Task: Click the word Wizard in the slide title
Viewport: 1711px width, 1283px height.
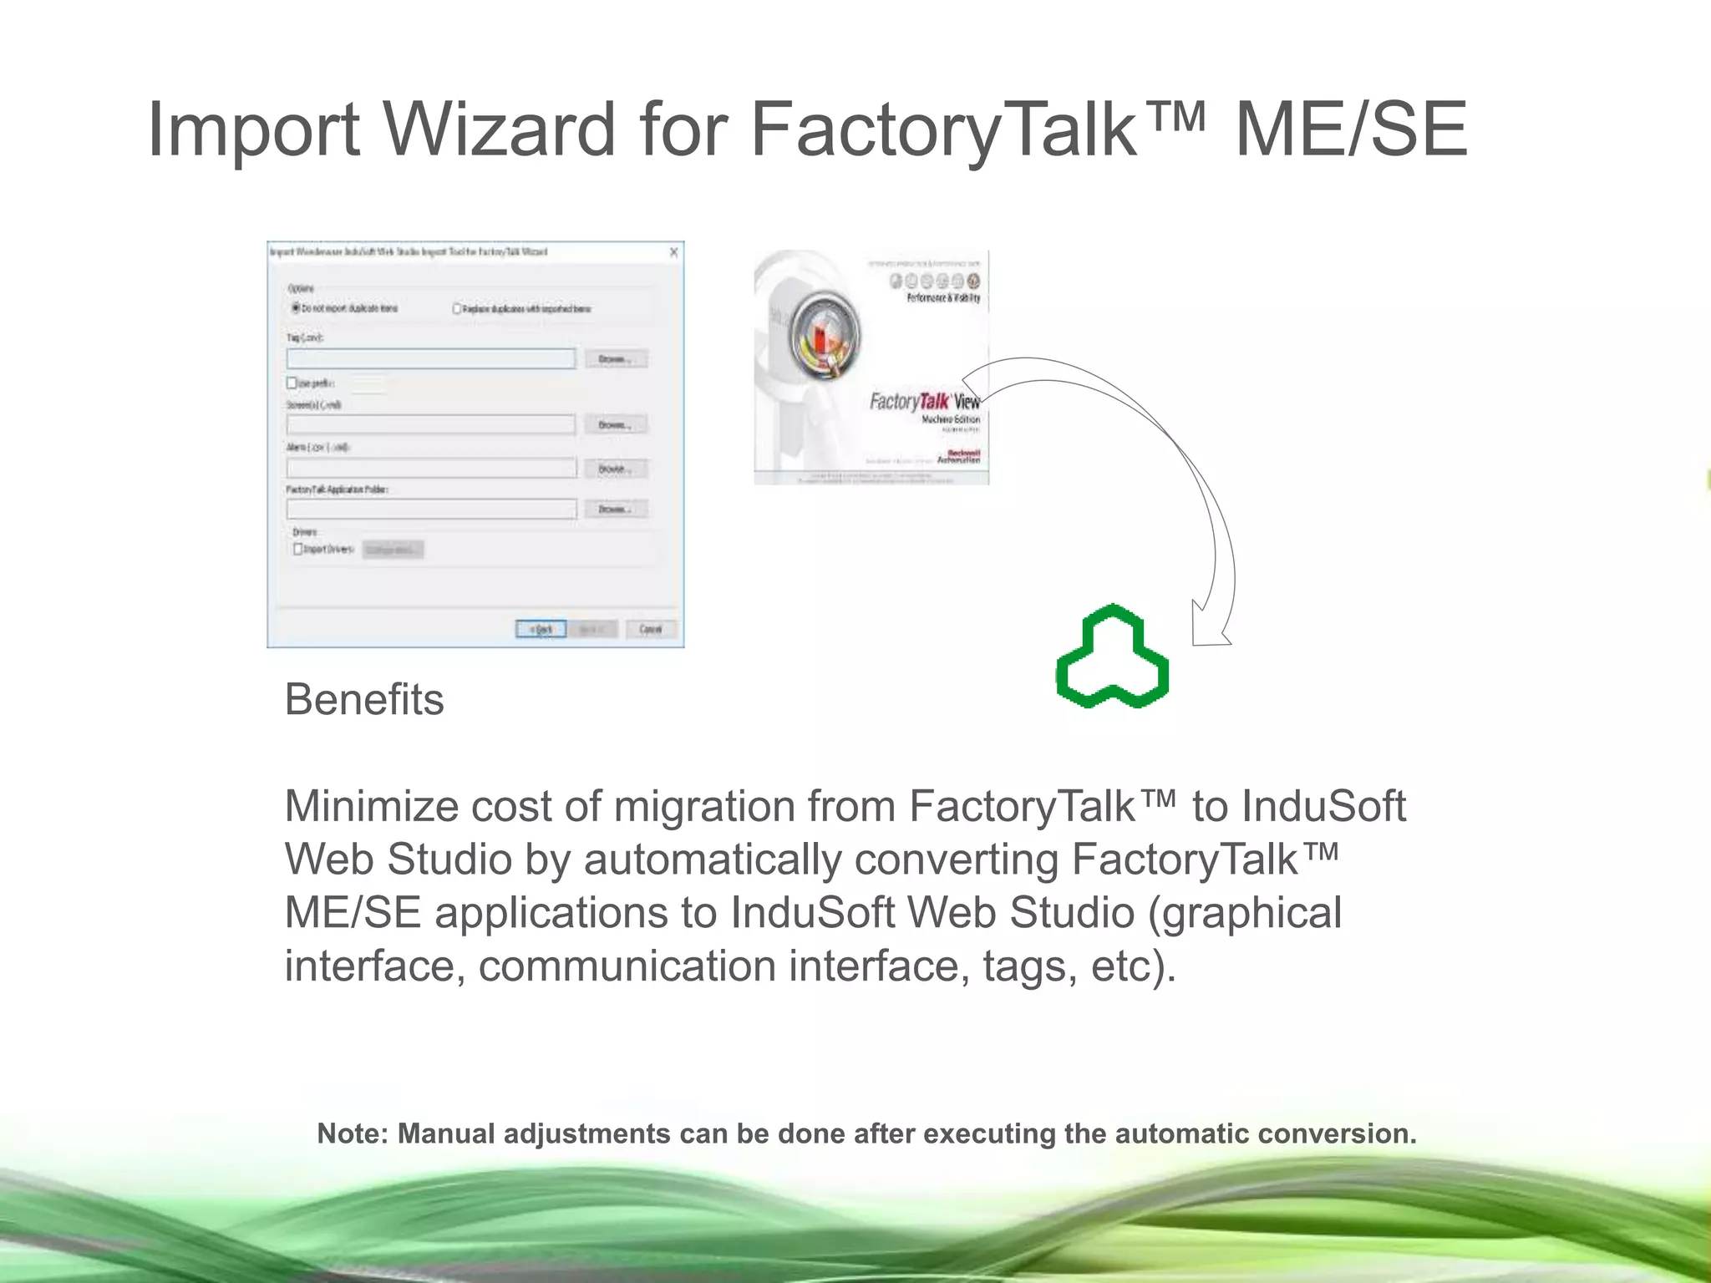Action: point(500,129)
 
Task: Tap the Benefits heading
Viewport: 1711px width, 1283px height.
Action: point(364,699)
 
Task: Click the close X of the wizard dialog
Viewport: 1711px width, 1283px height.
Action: point(673,252)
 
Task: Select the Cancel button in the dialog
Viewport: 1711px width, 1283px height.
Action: point(651,629)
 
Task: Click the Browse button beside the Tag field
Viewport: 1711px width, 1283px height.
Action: point(616,359)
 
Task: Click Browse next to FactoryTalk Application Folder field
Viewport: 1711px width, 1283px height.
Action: point(616,509)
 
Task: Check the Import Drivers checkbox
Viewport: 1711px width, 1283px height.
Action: point(298,549)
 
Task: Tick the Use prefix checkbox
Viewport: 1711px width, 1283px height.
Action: point(292,383)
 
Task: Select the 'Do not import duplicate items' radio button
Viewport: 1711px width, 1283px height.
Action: point(296,308)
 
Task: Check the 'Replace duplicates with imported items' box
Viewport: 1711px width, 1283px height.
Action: point(457,308)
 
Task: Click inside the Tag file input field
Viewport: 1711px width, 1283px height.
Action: point(430,359)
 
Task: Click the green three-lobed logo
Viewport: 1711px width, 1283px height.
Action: point(1112,657)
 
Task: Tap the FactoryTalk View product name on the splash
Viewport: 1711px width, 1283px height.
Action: point(925,402)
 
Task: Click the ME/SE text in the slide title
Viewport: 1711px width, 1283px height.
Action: point(1350,129)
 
